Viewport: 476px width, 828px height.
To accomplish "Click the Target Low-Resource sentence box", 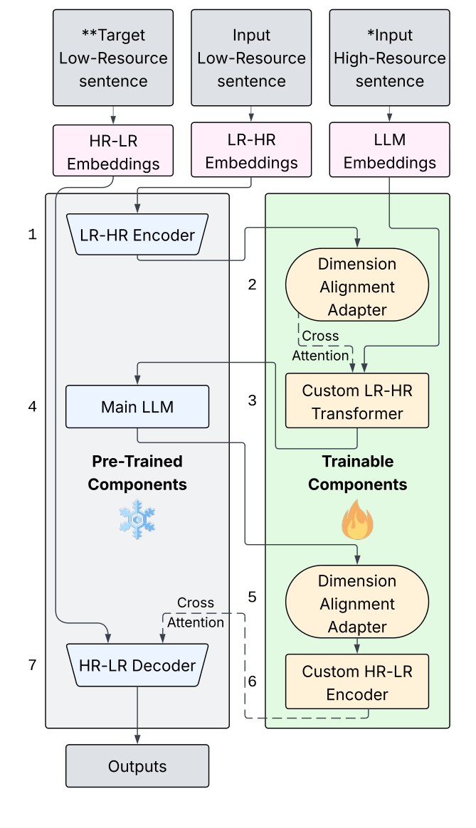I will [113, 58].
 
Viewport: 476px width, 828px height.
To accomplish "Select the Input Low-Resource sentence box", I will [251, 58].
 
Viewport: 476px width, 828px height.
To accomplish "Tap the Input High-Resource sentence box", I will [389, 58].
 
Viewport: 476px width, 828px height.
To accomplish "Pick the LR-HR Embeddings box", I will [251, 151].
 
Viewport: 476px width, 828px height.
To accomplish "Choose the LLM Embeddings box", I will [389, 151].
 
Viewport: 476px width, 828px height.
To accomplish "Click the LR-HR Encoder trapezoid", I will [137, 235].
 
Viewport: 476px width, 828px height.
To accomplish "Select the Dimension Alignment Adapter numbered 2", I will [356, 287].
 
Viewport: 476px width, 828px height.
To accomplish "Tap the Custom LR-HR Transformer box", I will [356, 401].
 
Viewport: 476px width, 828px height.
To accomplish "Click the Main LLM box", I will [137, 407].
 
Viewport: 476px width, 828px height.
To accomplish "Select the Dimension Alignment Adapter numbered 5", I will [356, 604].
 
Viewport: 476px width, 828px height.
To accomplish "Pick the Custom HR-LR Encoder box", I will [356, 682].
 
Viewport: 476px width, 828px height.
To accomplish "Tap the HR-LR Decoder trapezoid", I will [137, 666].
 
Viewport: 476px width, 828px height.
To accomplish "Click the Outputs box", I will [137, 766].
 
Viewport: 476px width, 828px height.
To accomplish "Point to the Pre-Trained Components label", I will [137, 473].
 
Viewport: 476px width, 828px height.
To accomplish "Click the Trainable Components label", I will [357, 473].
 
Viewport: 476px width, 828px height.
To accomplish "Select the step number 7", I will [32, 665].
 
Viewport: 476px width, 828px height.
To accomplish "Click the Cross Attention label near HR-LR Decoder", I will [195, 612].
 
